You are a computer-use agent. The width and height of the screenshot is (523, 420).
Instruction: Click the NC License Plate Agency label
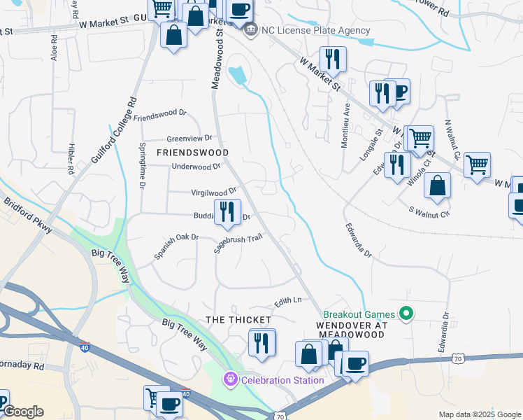tap(315, 31)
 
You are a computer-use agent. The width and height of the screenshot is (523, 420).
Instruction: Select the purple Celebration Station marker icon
tap(231, 380)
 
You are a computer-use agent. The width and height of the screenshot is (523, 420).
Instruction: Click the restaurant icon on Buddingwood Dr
tap(227, 212)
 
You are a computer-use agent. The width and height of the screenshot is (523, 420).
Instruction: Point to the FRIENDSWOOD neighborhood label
tap(192, 152)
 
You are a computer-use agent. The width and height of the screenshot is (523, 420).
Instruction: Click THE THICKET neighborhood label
tap(238, 320)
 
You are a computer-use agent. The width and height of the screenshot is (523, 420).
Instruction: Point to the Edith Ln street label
tap(287, 300)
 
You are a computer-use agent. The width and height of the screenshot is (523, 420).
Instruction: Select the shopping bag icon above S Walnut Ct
tap(437, 186)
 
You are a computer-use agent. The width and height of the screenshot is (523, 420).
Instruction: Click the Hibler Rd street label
tap(71, 159)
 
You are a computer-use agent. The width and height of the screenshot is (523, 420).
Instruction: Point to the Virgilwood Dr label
tap(213, 192)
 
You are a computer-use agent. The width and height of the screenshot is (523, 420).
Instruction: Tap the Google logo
tap(22, 412)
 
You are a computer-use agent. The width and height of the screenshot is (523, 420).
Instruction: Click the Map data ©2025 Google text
tap(479, 414)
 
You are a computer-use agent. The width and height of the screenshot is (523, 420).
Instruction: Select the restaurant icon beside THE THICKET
tap(262, 343)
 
